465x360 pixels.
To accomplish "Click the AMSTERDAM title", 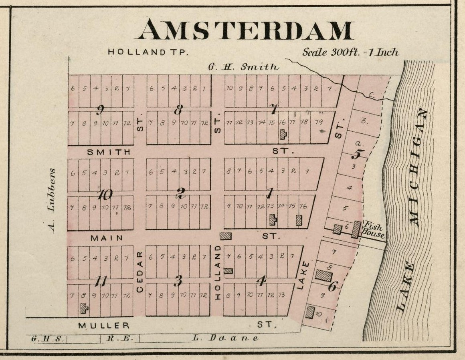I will click(245, 30).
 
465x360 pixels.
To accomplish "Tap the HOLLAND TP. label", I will click(148, 52).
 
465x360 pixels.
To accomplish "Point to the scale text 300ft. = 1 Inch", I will click(351, 52).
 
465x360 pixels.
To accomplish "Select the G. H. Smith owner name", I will click(243, 67).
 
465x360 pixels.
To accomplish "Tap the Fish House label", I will click(374, 229).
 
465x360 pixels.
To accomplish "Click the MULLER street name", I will click(104, 325).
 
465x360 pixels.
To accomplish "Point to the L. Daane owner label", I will click(225, 338).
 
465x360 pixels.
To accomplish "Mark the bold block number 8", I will click(179, 109).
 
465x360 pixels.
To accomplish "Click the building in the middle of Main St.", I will click(225, 236).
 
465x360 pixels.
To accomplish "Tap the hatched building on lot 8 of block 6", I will click(323, 276).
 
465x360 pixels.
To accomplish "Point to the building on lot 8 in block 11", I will click(84, 308).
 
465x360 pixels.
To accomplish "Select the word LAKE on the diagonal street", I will click(303, 275).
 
